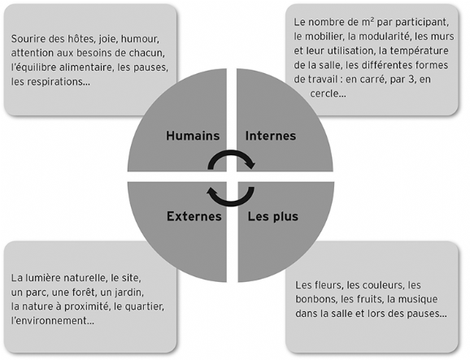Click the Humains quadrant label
[x=193, y=136]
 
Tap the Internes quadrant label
[x=271, y=136]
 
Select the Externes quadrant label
[x=194, y=216]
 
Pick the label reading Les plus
[x=272, y=216]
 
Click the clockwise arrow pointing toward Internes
[x=231, y=152]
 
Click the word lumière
[x=40, y=278]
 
